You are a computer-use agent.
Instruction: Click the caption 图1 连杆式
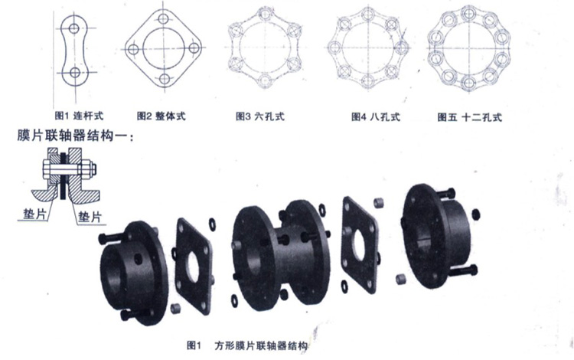click(x=79, y=116)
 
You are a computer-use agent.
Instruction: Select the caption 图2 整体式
click(x=161, y=116)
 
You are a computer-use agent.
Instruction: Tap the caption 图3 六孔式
click(x=260, y=116)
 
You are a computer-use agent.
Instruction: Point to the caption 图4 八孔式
click(x=376, y=117)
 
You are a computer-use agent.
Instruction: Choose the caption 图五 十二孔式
click(x=470, y=117)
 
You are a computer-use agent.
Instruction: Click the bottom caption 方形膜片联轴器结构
click(x=261, y=345)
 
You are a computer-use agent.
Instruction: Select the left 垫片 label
click(x=34, y=214)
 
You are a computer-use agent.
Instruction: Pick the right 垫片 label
click(x=90, y=217)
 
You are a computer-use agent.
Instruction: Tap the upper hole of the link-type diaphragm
click(x=74, y=28)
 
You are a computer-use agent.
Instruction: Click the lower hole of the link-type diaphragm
click(x=75, y=73)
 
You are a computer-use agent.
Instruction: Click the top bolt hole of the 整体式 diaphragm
click(x=163, y=19)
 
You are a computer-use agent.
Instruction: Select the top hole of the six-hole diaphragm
click(x=264, y=15)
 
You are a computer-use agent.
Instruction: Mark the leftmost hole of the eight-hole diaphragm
click(x=334, y=47)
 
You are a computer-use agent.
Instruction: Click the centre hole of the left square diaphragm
click(x=193, y=267)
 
